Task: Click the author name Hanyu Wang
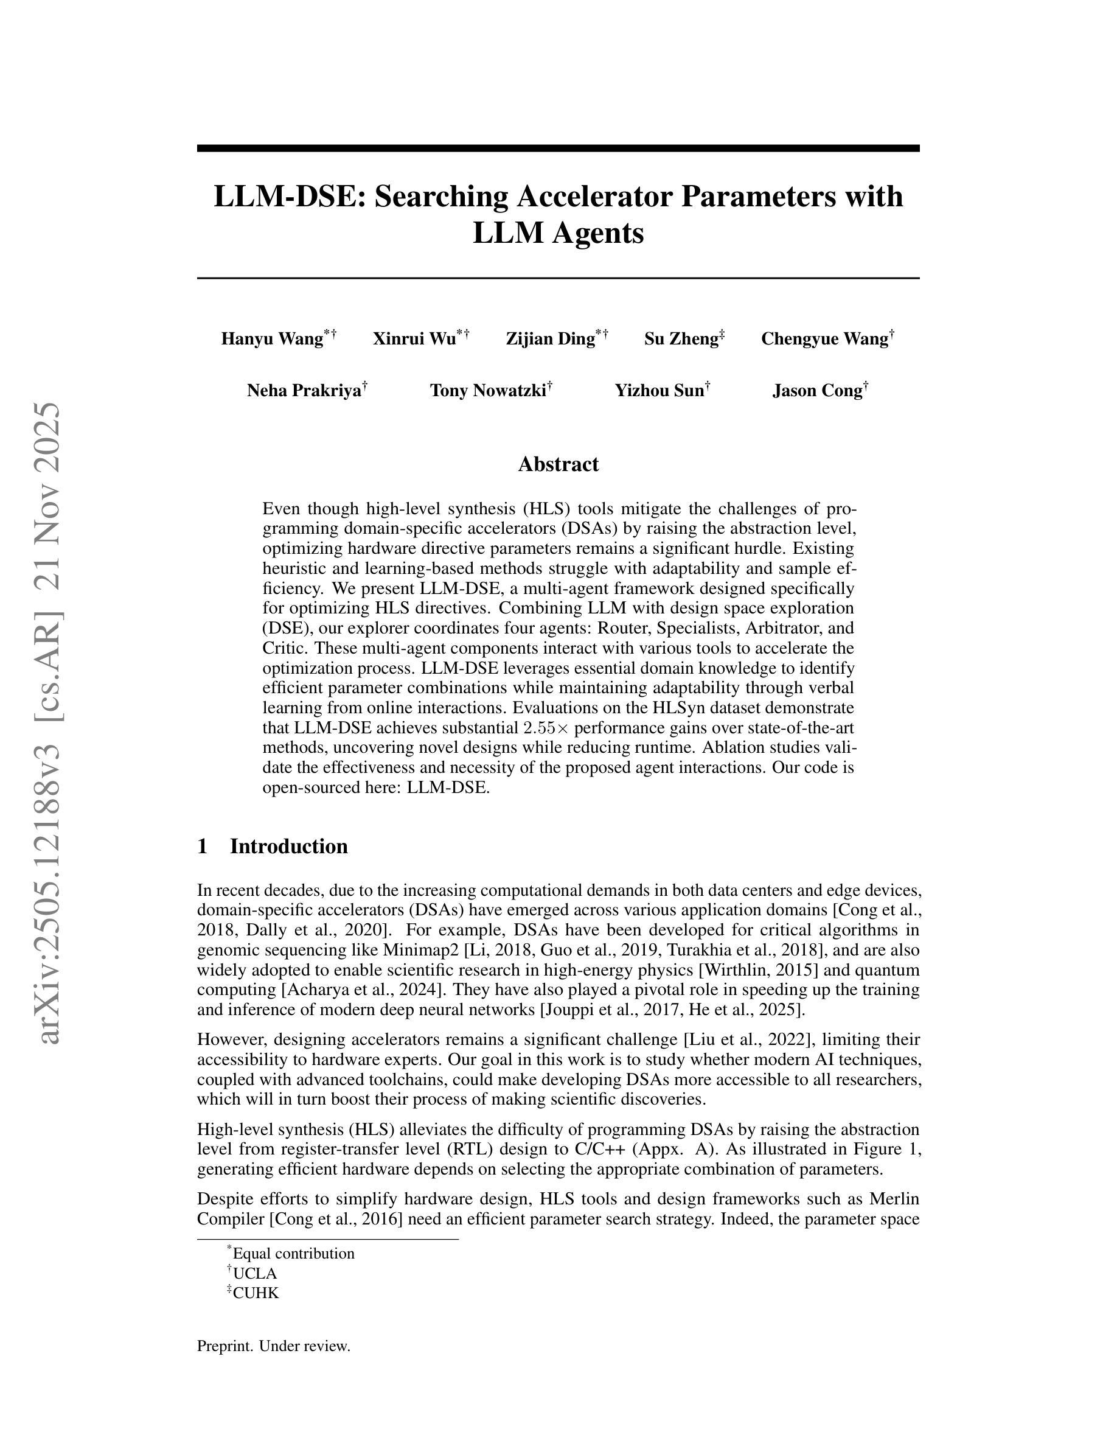(x=272, y=339)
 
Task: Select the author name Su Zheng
(x=681, y=339)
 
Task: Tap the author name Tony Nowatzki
(x=488, y=391)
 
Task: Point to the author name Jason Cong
(x=817, y=391)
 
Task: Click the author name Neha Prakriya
(x=304, y=391)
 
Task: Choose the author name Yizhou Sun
(x=659, y=391)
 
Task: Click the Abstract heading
(x=558, y=464)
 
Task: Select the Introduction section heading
(x=288, y=846)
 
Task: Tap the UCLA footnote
(x=255, y=1273)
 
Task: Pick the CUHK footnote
(x=256, y=1293)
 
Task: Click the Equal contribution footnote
(x=293, y=1253)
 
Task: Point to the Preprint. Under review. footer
(x=273, y=1346)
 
